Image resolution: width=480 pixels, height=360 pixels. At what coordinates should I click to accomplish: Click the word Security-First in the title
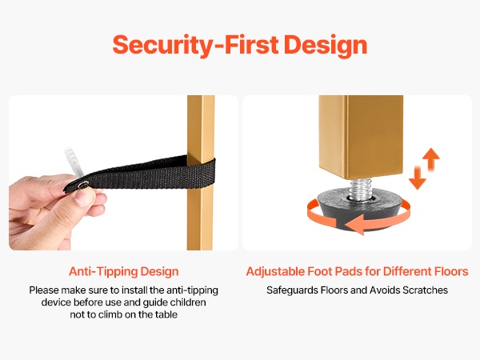pyautogui.click(x=195, y=45)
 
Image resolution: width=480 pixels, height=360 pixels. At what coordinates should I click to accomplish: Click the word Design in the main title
pyautogui.click(x=326, y=46)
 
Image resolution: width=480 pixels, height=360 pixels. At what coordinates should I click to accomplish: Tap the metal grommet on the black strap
pyautogui.click(x=83, y=184)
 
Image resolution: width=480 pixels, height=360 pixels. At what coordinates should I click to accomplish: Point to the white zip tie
pyautogui.click(x=74, y=162)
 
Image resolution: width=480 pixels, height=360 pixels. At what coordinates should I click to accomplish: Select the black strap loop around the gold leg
pyautogui.click(x=141, y=174)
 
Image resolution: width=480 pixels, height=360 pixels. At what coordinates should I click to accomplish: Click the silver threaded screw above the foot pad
pyautogui.click(x=361, y=189)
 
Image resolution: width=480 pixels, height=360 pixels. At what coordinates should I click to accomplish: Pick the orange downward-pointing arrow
pyautogui.click(x=418, y=178)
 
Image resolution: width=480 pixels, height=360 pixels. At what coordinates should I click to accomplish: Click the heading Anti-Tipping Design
pyautogui.click(x=124, y=272)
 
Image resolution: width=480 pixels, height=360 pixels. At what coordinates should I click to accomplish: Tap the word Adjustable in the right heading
pyautogui.click(x=275, y=272)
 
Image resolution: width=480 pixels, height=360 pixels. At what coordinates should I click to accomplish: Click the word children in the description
pyautogui.click(x=188, y=302)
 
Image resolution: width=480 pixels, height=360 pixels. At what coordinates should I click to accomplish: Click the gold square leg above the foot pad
pyautogui.click(x=361, y=136)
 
